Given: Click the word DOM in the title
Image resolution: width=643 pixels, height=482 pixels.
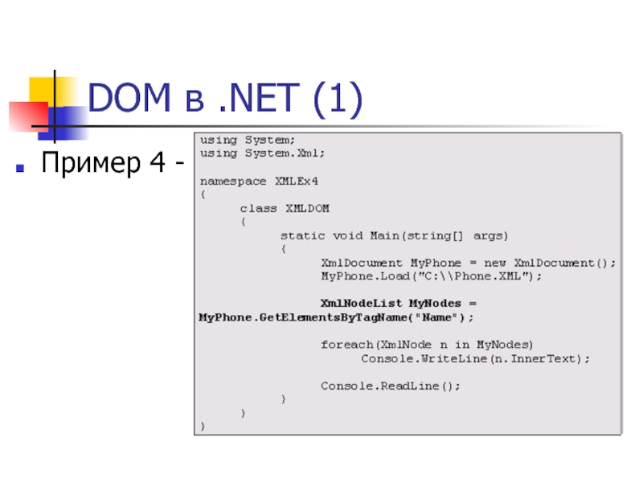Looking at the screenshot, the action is click(129, 100).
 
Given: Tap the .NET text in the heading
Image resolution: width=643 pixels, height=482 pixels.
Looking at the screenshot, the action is click(252, 100).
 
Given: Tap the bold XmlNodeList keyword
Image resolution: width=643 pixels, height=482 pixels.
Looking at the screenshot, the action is click(361, 304).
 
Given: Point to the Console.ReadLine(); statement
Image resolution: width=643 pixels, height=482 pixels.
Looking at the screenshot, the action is click(391, 386).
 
